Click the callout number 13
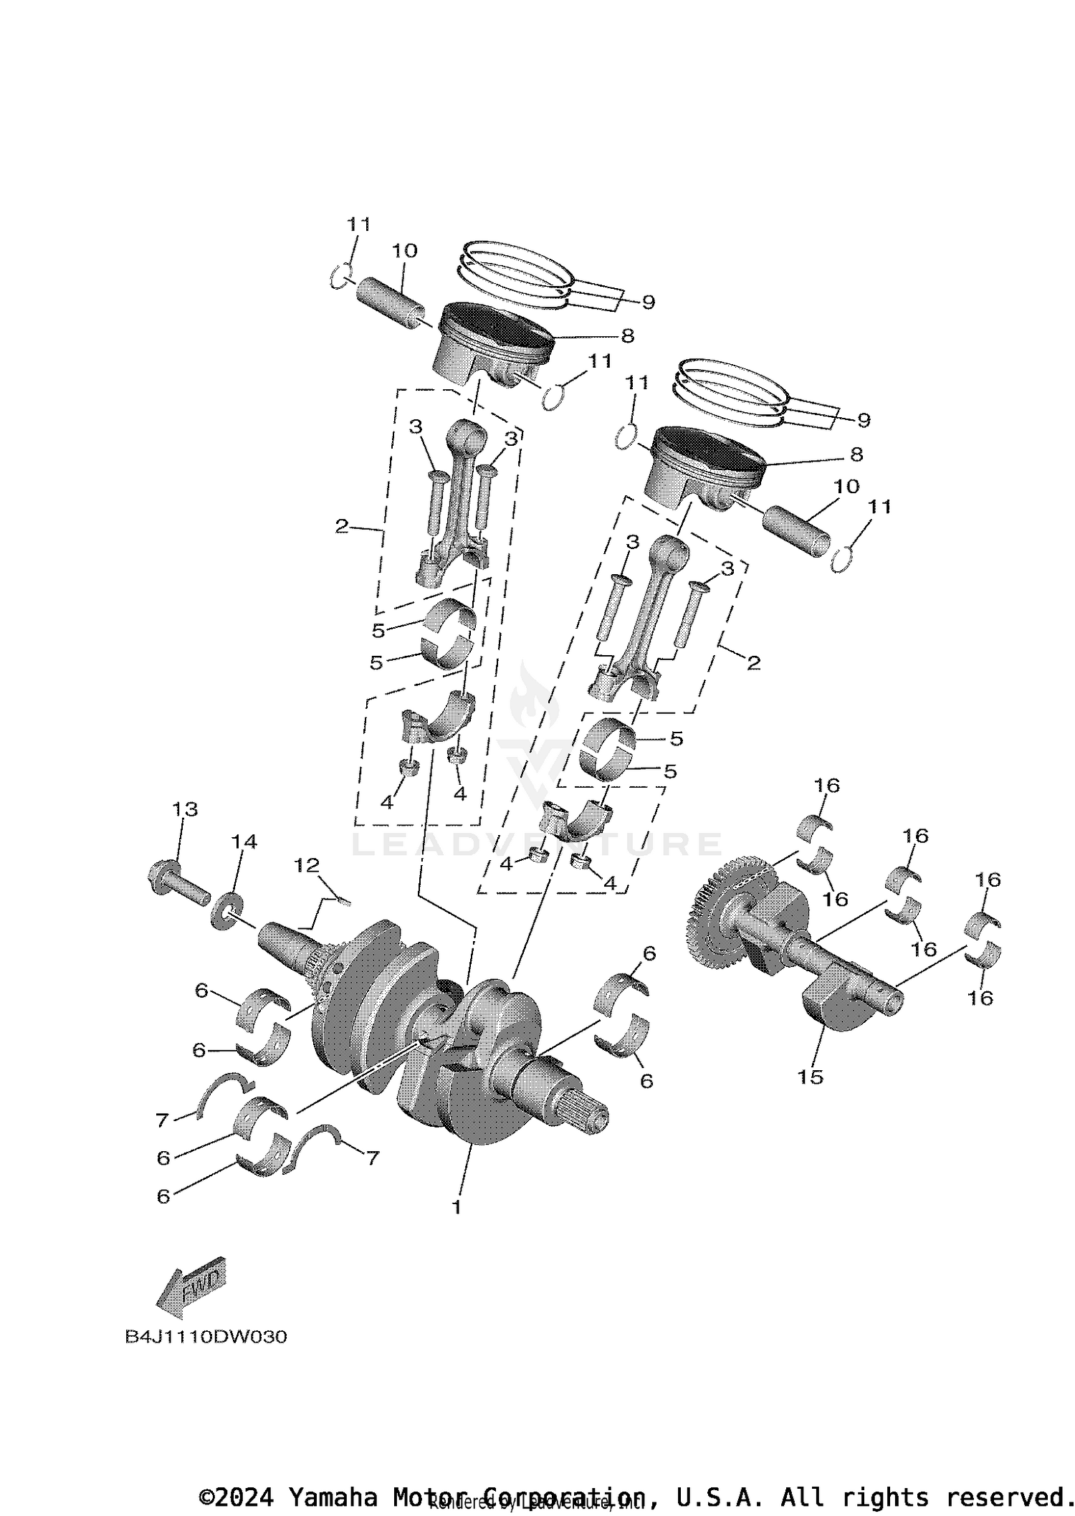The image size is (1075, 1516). (x=184, y=809)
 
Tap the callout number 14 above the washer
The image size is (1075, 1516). (x=244, y=841)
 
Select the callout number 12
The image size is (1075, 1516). (x=306, y=865)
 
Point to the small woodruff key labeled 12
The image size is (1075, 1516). (x=342, y=902)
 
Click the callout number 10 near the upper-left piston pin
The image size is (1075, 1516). (x=404, y=251)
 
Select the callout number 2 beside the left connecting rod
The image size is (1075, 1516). (x=341, y=527)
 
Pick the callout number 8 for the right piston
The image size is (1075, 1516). (x=856, y=454)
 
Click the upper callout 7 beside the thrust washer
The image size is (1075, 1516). (x=163, y=1119)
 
